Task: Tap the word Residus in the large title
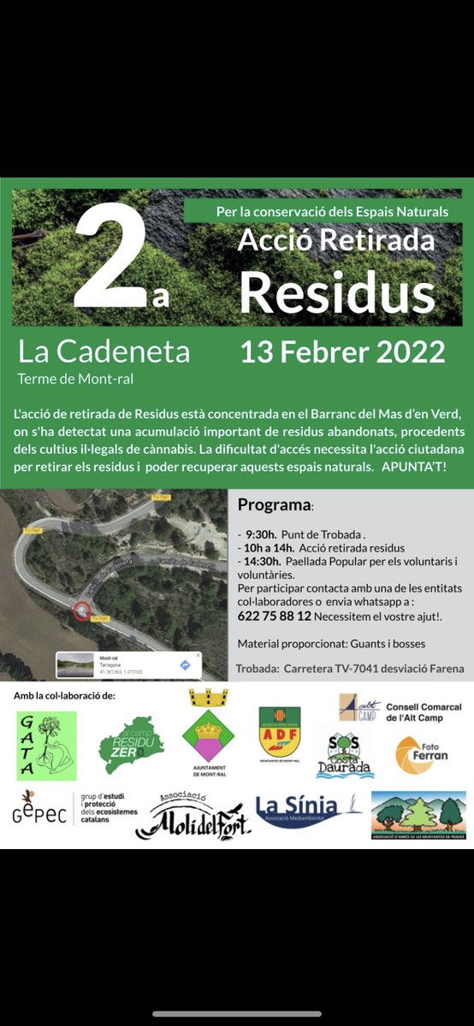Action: pos(336,292)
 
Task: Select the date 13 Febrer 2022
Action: pos(342,351)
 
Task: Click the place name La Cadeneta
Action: pos(104,351)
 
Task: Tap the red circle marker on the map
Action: pos(81,610)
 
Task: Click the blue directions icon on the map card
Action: pos(185,664)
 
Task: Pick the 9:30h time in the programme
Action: pos(260,534)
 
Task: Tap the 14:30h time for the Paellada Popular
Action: pos(264,561)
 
